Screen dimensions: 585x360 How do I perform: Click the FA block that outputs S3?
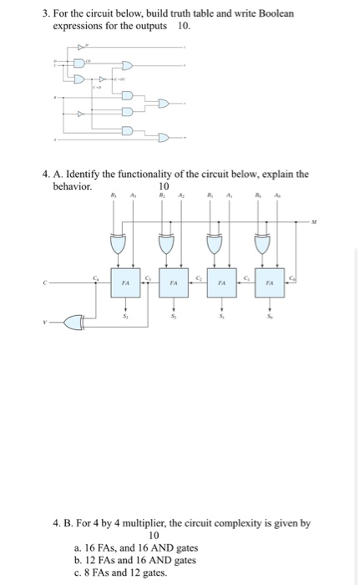point(125,283)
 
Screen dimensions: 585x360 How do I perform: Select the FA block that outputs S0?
point(270,283)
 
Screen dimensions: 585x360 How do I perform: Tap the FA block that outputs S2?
point(174,283)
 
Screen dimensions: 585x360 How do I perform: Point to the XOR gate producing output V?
point(74,322)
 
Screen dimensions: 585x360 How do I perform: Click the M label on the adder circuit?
point(314,222)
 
